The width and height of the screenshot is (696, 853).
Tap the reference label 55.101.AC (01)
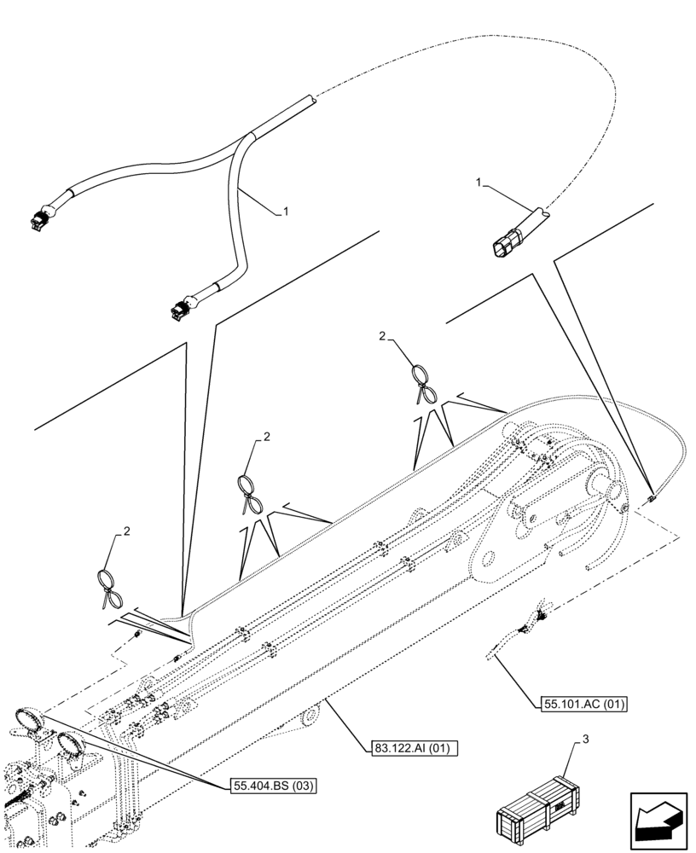[x=584, y=705]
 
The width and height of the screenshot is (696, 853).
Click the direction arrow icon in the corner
[x=658, y=820]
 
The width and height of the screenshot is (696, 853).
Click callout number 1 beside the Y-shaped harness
[x=287, y=212]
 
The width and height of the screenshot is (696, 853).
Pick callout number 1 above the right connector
[x=479, y=182]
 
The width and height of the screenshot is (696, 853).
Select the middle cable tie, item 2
[x=250, y=493]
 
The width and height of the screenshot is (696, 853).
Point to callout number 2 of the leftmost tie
[x=127, y=531]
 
